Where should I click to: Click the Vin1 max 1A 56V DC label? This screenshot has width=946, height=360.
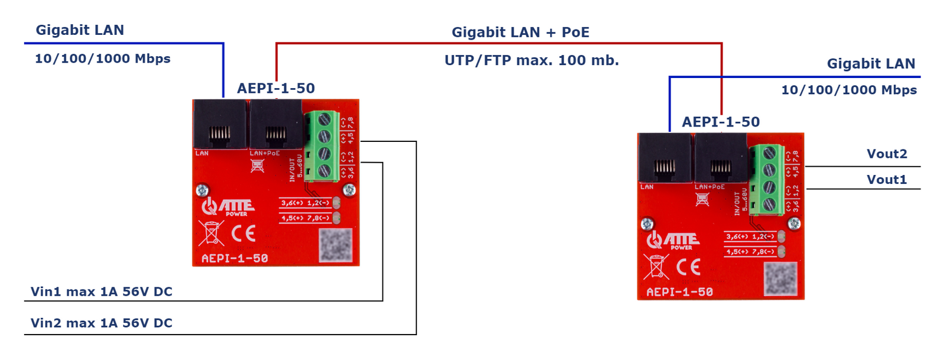(101, 291)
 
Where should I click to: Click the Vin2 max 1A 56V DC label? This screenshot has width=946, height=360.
(101, 323)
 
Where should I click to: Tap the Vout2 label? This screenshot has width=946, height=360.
(886, 154)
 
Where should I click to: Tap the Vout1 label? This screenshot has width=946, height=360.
(886, 180)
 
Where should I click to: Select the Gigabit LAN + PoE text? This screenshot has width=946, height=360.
(520, 33)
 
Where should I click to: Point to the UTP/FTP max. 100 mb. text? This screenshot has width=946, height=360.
(532, 60)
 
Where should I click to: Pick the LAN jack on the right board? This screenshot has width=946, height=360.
(664, 158)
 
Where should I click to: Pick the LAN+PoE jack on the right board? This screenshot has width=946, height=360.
(720, 158)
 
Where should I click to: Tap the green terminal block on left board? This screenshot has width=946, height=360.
(322, 145)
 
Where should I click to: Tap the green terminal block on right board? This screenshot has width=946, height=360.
(767, 179)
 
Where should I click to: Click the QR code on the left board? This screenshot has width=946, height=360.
(336, 245)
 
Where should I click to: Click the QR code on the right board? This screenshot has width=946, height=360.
(780, 278)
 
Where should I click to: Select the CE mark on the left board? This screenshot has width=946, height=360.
(243, 233)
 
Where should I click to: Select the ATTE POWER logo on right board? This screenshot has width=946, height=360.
(673, 240)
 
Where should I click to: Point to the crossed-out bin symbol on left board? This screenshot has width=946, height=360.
(211, 233)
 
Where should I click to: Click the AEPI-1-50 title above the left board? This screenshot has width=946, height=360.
(276, 88)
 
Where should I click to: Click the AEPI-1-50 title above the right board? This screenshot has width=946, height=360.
(721, 122)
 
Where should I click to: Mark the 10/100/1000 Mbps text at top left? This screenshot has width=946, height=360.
(102, 59)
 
